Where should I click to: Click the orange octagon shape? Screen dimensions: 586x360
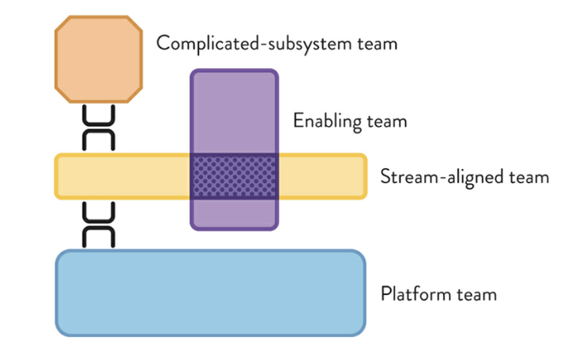pyautogui.click(x=98, y=59)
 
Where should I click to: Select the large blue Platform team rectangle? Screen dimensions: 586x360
pyautogui.click(x=210, y=293)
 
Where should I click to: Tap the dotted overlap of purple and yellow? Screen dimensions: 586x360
pyautogui.click(x=235, y=176)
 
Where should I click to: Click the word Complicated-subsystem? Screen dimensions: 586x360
pyautogui.click(x=255, y=44)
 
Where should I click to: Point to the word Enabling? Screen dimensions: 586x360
pyautogui.click(x=327, y=121)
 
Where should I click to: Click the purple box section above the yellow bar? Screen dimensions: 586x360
pyautogui.click(x=235, y=111)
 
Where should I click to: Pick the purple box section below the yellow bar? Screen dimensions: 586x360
pyautogui.click(x=235, y=214)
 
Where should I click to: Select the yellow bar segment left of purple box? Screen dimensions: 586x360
pyautogui.click(x=123, y=176)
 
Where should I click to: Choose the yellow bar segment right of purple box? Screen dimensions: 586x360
pyautogui.click(x=323, y=176)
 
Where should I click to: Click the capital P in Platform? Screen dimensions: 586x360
pyautogui.click(x=385, y=293)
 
